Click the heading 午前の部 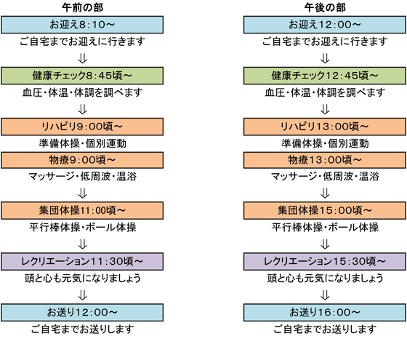pos(83,7)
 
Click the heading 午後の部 pos(325,7)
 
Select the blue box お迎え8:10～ pos(82,25)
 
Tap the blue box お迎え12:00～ pos(325,25)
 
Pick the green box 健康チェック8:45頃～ pos(82,76)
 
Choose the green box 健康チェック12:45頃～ pos(325,76)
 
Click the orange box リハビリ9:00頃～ pos(82,127)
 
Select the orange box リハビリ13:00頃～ pos(325,127)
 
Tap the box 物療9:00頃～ pos(82,160)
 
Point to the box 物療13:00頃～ pos(325,160)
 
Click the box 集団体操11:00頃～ pos(82,210)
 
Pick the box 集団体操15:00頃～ pos(325,210)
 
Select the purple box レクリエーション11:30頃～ pos(82,261)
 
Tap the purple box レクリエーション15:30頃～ pos(325,261)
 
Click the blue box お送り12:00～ pos(82,312)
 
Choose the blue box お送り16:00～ pos(325,312)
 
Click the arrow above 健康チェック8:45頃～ pos(83,58)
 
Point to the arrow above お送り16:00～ pos(325,295)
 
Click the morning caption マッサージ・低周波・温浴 pos(83,176)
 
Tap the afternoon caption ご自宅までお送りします pos(325,329)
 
